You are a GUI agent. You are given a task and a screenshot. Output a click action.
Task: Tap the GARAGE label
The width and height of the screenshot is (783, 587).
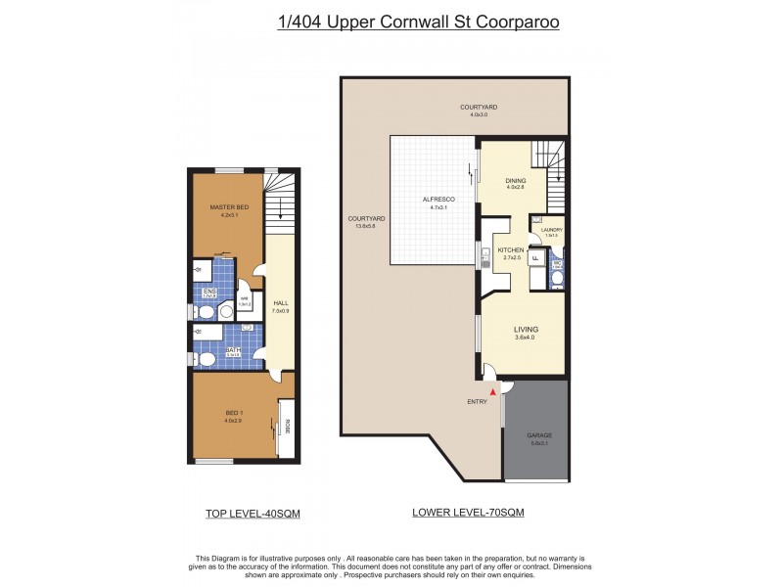coord(536,434)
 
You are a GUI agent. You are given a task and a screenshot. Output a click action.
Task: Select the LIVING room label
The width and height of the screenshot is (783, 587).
coord(526,330)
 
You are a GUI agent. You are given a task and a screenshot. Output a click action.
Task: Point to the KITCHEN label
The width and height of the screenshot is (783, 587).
coord(511,251)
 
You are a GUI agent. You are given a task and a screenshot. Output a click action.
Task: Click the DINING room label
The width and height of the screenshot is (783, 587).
coord(515,180)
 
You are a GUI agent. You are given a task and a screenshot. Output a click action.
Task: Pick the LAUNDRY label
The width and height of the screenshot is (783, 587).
coord(551,230)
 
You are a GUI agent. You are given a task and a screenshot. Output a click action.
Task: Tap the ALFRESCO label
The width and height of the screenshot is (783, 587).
coord(436,199)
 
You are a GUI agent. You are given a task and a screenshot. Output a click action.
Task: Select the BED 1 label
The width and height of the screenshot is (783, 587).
coord(232,414)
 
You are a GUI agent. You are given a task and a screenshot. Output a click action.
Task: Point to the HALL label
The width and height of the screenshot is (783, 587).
coord(280,303)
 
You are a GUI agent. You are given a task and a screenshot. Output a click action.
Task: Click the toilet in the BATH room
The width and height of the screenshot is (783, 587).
coord(207,359)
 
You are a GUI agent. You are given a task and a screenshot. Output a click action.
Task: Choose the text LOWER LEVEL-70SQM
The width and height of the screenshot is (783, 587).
coord(468,513)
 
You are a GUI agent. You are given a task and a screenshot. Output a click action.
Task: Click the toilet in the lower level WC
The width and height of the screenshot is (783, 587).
coord(557,280)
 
